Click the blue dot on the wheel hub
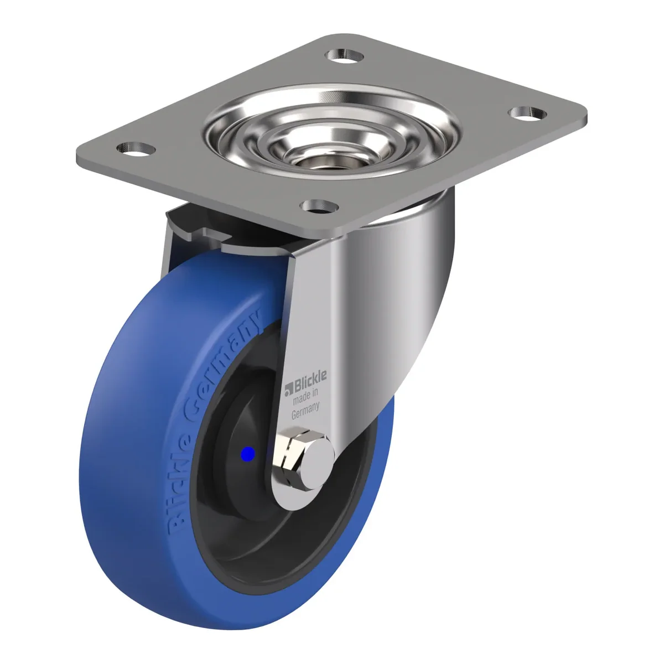click(248, 454)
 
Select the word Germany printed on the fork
click(305, 411)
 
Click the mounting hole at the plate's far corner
click(345, 55)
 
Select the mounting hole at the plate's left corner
click(136, 149)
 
